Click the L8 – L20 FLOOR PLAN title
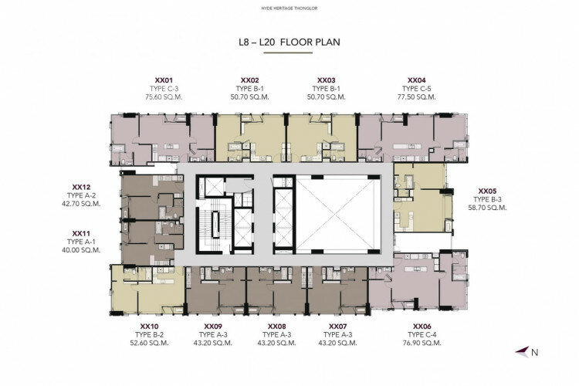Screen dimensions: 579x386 click(289, 42)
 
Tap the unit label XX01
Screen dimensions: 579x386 click(164, 80)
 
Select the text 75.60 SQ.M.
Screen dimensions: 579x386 click(164, 97)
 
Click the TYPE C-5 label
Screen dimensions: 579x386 click(417, 89)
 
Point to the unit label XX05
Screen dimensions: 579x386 click(487, 191)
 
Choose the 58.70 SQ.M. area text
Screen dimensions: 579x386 click(487, 208)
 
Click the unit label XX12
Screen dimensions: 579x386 click(81, 188)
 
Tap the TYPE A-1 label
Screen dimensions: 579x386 click(81, 242)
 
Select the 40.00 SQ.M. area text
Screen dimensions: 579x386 click(81, 250)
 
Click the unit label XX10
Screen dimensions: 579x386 click(149, 327)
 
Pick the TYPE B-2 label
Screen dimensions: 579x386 click(149, 334)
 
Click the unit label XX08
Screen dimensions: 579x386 click(277, 327)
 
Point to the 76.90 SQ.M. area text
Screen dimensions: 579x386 click(422, 343)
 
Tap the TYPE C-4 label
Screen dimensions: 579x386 click(422, 334)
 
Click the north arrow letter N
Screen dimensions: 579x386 click(534, 352)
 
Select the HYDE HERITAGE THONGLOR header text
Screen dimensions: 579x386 click(289, 8)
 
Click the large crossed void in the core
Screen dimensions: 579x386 click(338, 215)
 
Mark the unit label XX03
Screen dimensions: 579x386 click(327, 80)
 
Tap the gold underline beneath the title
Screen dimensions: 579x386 click(288, 52)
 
